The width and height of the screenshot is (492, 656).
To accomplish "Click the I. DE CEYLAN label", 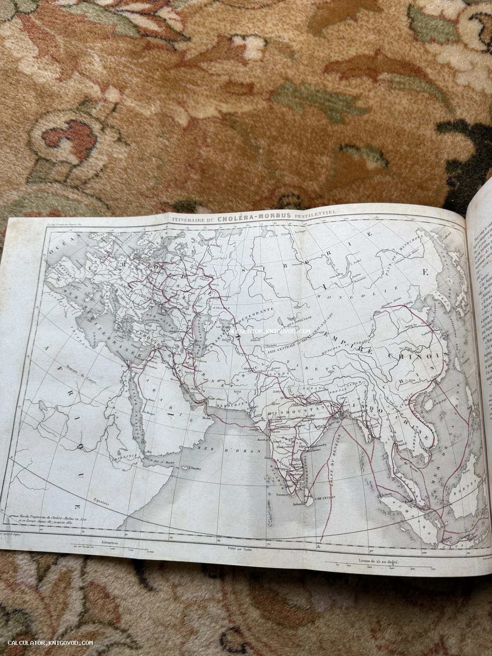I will coord(325,497).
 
